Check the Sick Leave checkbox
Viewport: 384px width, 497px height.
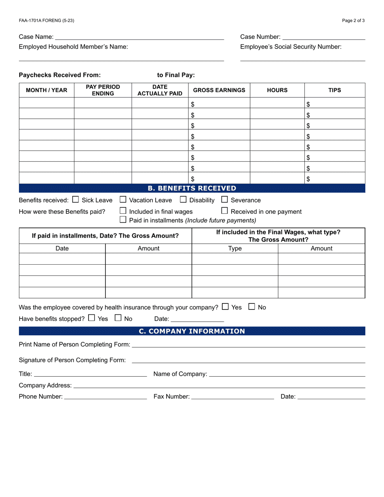76,200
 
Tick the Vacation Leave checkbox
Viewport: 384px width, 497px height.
123,200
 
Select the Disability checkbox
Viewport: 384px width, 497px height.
183,200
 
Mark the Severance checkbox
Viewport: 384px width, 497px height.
225,200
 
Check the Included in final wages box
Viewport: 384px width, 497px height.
123,211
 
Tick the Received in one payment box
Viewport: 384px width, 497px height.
225,211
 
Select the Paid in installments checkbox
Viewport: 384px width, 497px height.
123,220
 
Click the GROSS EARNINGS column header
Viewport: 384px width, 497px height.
219,90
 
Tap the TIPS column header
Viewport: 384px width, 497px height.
334,90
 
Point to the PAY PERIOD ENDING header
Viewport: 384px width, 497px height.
103,90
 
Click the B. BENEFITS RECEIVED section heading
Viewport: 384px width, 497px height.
192,188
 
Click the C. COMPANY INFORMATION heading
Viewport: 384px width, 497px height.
192,331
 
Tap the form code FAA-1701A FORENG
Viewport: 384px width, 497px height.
46,21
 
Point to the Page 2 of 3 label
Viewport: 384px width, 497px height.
353,21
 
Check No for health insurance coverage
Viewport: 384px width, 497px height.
252,307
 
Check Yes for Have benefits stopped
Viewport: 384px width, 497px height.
91,318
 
